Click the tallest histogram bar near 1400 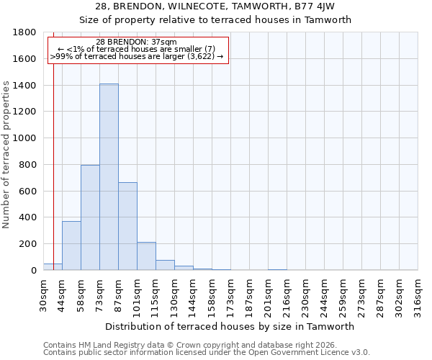(x=109, y=177)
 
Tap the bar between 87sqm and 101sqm (x=127, y=226)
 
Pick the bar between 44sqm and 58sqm (x=71, y=246)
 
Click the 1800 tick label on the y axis (x=26, y=32)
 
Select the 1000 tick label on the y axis (x=26, y=138)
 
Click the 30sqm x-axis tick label (x=44, y=296)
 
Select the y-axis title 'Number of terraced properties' (x=6, y=154)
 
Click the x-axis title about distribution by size (x=230, y=326)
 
